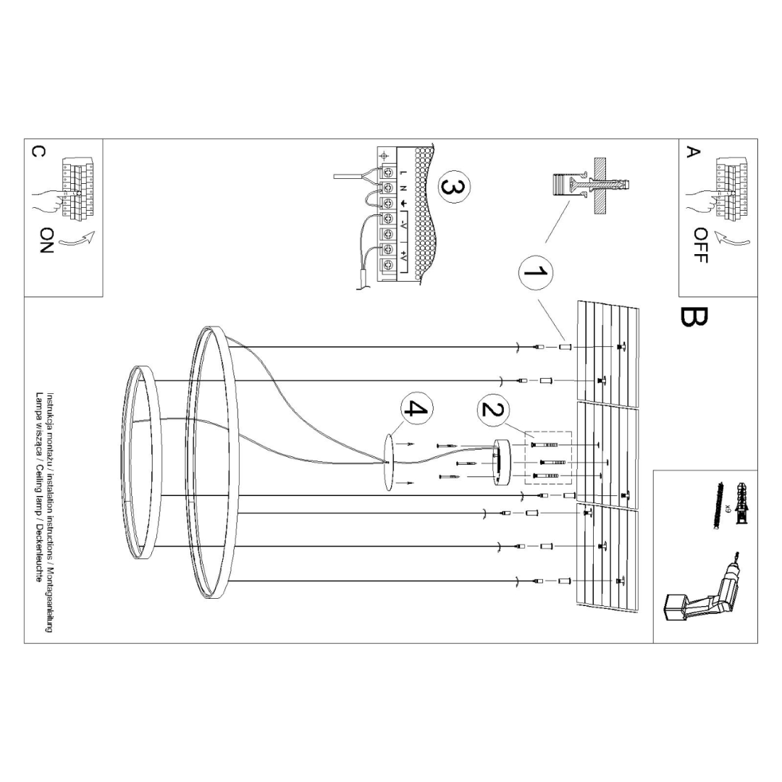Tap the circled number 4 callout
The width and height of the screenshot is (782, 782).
[414, 409]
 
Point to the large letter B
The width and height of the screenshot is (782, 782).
[694, 316]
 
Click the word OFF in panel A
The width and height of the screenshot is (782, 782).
[700, 245]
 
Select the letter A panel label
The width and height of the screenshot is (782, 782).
[693, 151]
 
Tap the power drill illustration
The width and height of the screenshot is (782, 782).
[698, 587]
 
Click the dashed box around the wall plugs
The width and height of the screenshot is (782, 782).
[548, 459]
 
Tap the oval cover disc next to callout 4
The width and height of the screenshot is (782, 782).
[390, 463]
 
